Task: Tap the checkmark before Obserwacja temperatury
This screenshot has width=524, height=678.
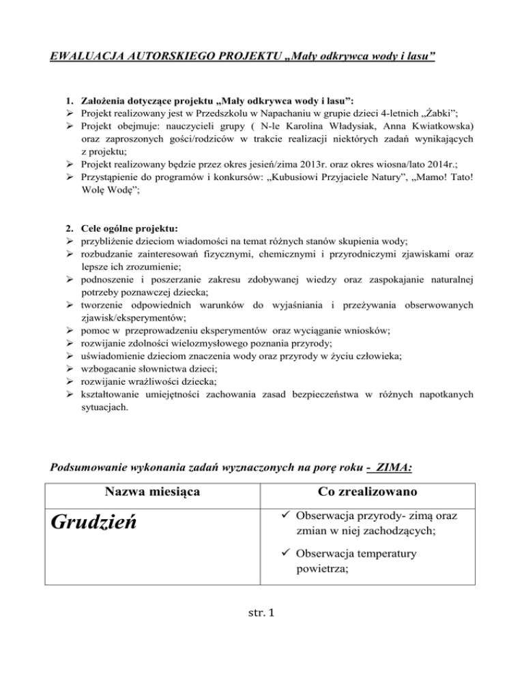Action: (x=279, y=554)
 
